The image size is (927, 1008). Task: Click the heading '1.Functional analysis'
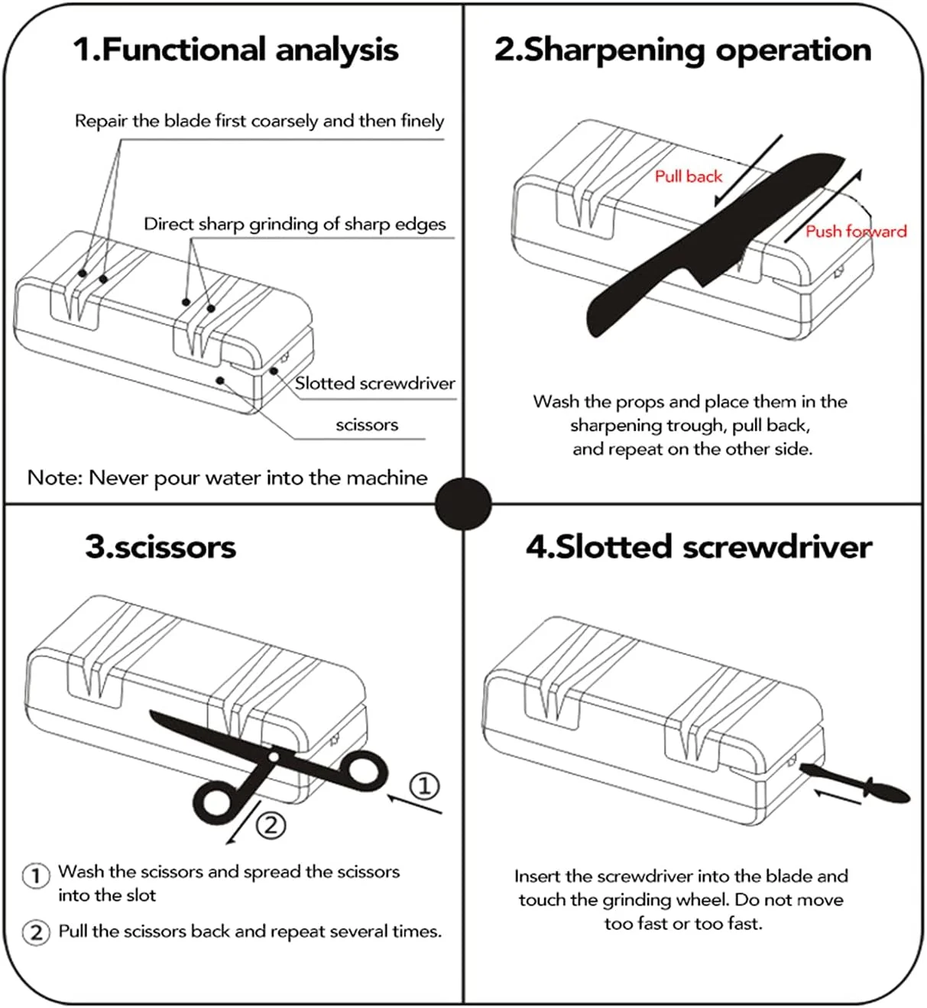(235, 50)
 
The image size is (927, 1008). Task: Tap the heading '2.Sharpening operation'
(682, 50)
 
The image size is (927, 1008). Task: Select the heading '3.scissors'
(160, 547)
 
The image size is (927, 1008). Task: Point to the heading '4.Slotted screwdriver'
(698, 547)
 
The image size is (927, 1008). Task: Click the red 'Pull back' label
(688, 177)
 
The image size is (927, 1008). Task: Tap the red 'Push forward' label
(856, 232)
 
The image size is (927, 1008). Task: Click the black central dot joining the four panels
(463, 504)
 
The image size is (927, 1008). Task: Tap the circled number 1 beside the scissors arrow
(425, 786)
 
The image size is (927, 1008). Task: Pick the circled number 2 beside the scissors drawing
(270, 825)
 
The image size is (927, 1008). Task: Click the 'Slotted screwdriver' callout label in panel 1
(375, 384)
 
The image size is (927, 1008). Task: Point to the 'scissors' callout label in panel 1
(367, 425)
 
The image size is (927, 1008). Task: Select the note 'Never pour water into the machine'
(227, 478)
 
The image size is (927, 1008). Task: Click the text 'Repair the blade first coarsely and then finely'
(259, 121)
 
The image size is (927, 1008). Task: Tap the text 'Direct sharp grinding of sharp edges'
(294, 225)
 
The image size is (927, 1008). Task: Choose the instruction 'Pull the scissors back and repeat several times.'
(250, 932)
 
